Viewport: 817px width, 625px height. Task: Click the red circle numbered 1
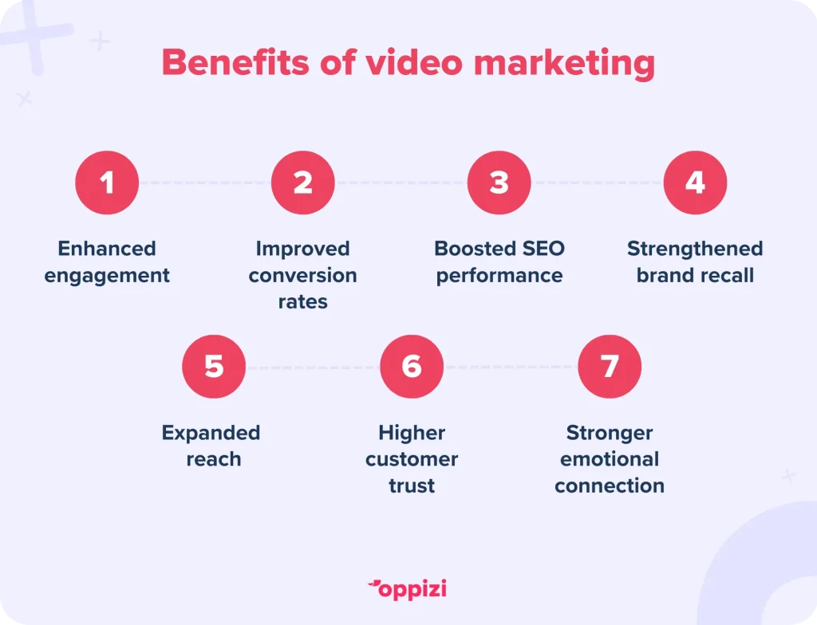pos(107,183)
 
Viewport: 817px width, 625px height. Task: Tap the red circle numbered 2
pos(303,183)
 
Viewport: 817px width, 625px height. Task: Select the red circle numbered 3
pos(499,183)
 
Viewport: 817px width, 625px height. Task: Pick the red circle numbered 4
pos(695,183)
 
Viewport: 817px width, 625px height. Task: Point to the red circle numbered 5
pos(214,367)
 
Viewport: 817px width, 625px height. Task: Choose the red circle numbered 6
pos(412,367)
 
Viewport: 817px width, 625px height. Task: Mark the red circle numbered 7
pos(610,367)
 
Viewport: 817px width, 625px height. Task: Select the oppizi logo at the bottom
pos(408,589)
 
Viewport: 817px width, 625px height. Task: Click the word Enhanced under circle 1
pos(107,249)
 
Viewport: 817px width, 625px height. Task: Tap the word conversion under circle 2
pos(303,276)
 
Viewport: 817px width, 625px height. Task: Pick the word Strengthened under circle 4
pos(695,249)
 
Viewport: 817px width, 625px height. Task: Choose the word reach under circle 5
pos(214,460)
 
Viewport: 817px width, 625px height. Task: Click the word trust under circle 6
pos(412,485)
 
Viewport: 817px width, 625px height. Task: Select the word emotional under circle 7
pos(610,460)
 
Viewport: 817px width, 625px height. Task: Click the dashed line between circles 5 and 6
pos(313,368)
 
